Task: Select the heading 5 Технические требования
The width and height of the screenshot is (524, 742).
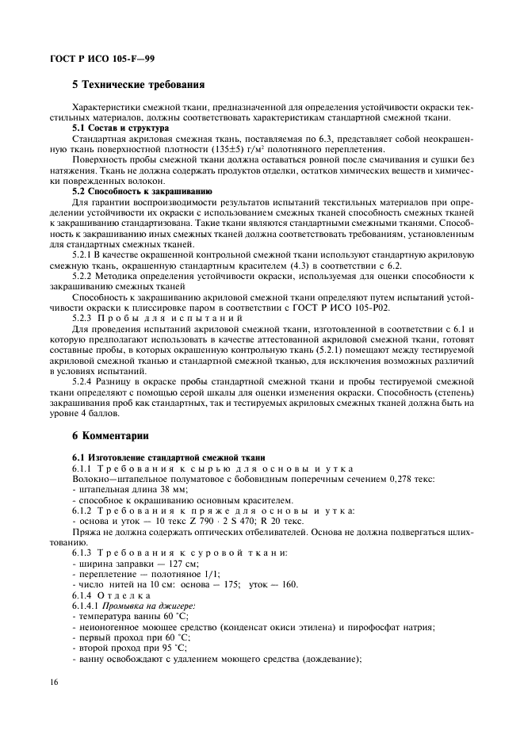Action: click(139, 83)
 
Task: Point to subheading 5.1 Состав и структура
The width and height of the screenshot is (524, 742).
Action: click(120, 128)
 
